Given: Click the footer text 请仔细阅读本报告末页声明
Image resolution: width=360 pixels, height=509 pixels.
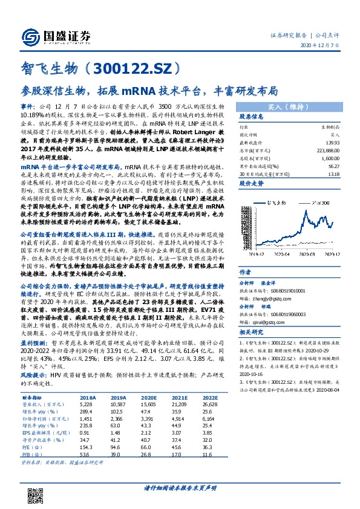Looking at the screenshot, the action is tap(180, 488).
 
